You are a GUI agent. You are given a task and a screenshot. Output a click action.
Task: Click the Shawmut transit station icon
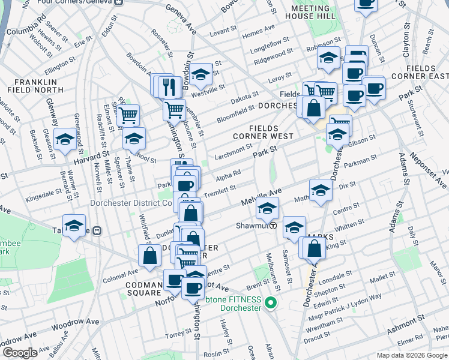coord(273,226)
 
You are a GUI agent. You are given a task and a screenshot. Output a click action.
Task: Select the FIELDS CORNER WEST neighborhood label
coord(264,136)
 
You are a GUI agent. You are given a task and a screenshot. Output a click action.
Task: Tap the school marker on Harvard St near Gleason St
coord(65,140)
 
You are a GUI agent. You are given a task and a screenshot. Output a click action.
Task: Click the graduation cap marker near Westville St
coord(202,74)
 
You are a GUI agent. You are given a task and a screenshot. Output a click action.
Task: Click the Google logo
coord(20,353)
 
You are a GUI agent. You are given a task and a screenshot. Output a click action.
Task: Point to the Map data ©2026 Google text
coord(411,355)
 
